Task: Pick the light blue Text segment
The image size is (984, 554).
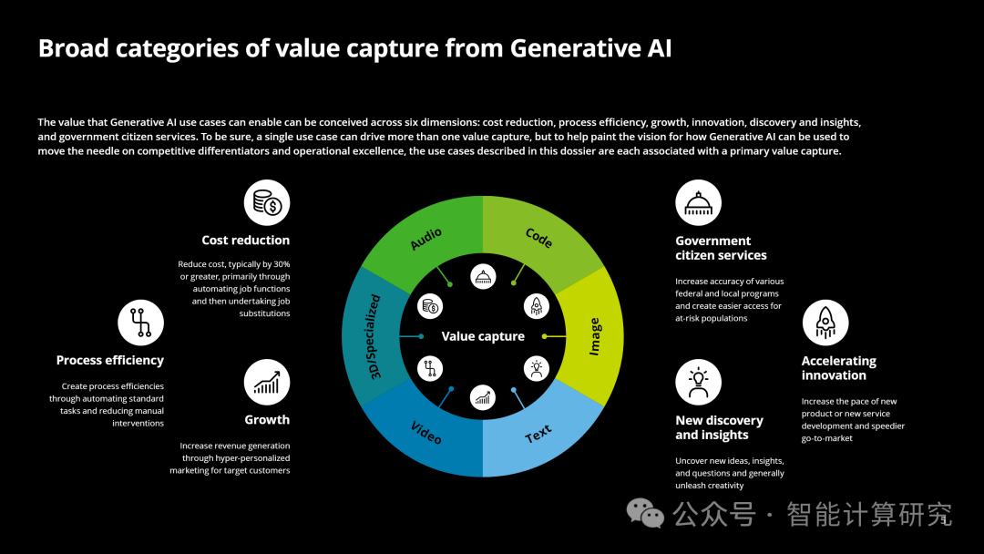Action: tap(538, 434)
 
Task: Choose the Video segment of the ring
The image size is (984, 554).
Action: tap(426, 434)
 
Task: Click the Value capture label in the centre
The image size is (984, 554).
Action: tap(483, 336)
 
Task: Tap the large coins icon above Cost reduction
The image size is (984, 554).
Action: tap(267, 202)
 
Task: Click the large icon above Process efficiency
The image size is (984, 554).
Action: tap(140, 323)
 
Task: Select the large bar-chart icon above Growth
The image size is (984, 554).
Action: tap(267, 382)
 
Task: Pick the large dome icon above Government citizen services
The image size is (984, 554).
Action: tap(699, 202)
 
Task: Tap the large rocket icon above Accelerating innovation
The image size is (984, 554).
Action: tap(825, 323)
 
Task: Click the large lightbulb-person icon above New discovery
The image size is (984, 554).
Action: tap(699, 382)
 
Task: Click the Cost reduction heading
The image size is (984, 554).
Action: tap(245, 241)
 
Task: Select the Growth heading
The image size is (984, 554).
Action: tap(267, 420)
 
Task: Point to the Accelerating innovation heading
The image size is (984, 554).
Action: tap(838, 368)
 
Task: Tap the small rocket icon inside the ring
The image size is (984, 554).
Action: tap(537, 306)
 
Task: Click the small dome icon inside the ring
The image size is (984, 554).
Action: tap(483, 277)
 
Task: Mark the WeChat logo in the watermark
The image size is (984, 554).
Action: tap(645, 513)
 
